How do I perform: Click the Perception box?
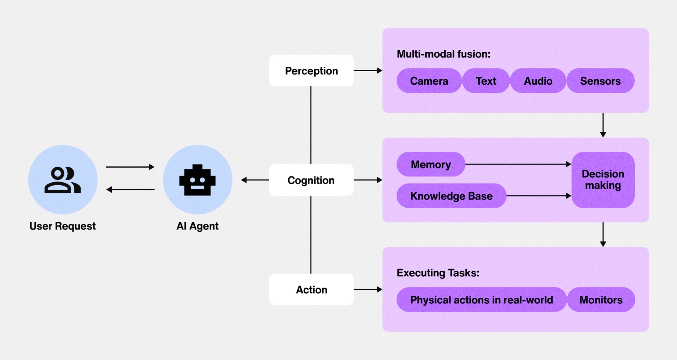click(x=311, y=70)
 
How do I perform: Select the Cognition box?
click(x=311, y=180)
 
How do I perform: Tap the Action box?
click(x=311, y=290)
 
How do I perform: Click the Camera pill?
click(x=429, y=81)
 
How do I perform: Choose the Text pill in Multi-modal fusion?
click(x=486, y=81)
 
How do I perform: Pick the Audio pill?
click(x=538, y=81)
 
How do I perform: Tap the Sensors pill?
click(x=600, y=81)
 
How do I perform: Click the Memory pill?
click(x=430, y=164)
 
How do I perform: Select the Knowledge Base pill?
click(x=451, y=196)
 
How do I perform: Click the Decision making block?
click(x=603, y=180)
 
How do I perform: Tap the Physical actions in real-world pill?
click(x=481, y=300)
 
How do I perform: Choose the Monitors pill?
click(x=601, y=300)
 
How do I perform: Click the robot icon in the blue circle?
click(x=197, y=180)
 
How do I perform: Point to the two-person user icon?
click(x=63, y=180)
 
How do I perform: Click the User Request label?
click(x=63, y=226)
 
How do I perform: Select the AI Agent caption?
click(x=197, y=226)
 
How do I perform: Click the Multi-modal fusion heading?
click(x=443, y=54)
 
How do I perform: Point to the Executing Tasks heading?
click(x=438, y=273)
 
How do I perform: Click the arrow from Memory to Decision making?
click(x=518, y=164)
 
